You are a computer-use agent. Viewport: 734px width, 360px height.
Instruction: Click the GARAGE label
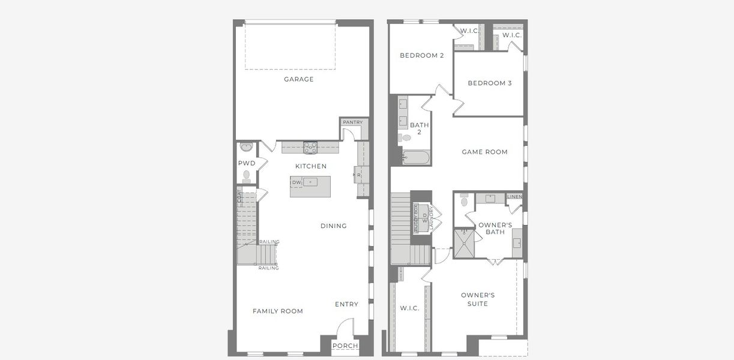coord(299,79)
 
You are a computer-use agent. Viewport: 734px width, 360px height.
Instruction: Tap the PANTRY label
coord(353,122)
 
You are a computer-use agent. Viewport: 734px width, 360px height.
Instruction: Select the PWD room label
coord(246,163)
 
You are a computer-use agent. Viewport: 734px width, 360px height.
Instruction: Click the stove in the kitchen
coord(310,146)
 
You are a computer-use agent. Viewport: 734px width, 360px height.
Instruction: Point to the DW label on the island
coord(296,182)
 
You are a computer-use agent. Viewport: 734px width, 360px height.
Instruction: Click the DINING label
coord(333,226)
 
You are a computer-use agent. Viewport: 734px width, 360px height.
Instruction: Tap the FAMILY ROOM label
coord(277,311)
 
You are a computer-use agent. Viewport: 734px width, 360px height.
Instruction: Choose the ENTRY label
coord(346,304)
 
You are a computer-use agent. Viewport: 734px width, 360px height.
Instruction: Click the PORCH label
coord(344,346)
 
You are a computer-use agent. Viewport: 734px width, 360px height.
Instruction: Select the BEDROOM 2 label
coord(422,56)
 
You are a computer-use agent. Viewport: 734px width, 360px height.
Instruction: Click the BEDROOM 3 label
coord(490,83)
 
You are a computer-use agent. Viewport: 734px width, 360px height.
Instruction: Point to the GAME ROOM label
coord(484,152)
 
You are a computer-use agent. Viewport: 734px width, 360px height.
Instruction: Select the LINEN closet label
coord(514,197)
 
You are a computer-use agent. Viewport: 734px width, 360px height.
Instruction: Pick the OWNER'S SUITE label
coord(478,299)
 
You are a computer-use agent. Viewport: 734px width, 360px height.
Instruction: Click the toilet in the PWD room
coord(246,176)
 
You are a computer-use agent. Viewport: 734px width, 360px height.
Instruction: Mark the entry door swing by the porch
coord(344,328)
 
